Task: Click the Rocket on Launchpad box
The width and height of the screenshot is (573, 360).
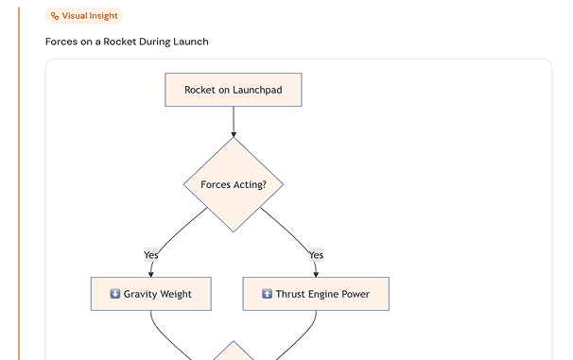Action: point(233,90)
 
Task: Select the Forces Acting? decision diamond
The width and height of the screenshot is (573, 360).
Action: point(233,184)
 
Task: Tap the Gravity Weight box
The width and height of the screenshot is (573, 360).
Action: point(150,294)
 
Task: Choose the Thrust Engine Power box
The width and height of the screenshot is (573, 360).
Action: point(316,294)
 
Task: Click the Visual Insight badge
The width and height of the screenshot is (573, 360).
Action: point(84,16)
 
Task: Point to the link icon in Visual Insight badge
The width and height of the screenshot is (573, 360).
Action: point(55,16)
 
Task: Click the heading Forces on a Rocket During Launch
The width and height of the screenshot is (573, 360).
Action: point(127,42)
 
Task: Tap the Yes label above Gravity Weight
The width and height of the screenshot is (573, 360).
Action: point(151,254)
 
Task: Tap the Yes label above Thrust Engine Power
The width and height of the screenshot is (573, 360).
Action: point(316,254)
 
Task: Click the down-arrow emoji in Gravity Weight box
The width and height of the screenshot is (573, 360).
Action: point(115,294)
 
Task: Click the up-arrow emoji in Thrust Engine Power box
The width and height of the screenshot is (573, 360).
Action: point(267,294)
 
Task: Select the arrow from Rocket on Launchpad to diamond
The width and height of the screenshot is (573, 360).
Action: point(233,121)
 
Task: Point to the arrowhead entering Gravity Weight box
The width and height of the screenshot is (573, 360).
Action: point(151,273)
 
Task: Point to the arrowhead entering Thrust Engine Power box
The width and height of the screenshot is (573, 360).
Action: point(316,273)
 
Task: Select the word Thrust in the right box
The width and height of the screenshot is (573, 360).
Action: point(290,294)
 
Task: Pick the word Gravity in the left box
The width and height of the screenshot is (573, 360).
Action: point(140,294)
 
